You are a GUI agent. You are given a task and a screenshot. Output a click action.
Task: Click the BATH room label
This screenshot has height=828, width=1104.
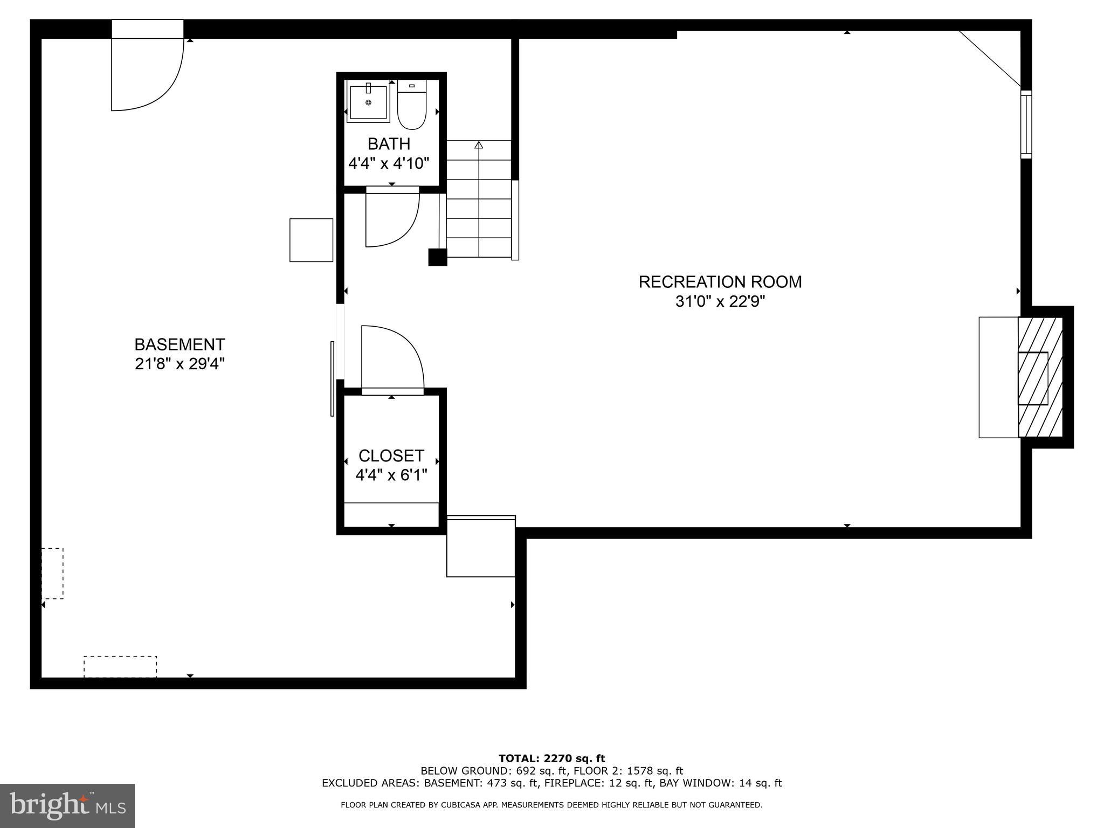pyautogui.click(x=389, y=144)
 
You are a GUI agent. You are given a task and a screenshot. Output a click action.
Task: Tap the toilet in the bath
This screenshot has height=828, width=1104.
pyautogui.click(x=412, y=106)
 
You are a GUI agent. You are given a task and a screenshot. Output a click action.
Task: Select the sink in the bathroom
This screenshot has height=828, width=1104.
pyautogui.click(x=368, y=102)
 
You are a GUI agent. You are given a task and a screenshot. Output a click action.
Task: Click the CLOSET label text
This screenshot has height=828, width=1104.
pyautogui.click(x=391, y=456)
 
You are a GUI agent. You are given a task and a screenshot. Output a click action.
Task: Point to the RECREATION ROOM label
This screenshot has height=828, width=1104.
pyautogui.click(x=720, y=282)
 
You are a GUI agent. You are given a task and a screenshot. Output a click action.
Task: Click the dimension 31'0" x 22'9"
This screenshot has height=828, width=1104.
pyautogui.click(x=720, y=301)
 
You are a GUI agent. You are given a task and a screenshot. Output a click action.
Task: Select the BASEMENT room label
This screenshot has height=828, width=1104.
pyautogui.click(x=180, y=344)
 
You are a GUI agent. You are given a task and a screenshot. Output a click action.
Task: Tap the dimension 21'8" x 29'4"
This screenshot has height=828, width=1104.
pyautogui.click(x=180, y=364)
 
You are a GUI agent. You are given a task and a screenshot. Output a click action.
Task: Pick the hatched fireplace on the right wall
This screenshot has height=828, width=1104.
pyautogui.click(x=1040, y=377)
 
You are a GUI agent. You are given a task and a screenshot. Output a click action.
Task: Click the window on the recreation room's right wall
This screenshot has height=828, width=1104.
pyautogui.click(x=1026, y=125)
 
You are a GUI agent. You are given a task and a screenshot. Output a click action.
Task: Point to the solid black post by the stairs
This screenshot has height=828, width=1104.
pyautogui.click(x=437, y=257)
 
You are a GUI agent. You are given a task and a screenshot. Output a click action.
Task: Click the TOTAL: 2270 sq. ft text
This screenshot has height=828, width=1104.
pyautogui.click(x=551, y=758)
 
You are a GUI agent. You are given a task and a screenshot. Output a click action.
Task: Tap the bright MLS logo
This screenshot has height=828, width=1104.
pyautogui.click(x=67, y=805)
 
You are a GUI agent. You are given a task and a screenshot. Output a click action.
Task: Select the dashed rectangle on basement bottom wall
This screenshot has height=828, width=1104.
pyautogui.click(x=120, y=666)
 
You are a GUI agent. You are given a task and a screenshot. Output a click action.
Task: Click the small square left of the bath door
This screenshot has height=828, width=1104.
pyautogui.click(x=311, y=240)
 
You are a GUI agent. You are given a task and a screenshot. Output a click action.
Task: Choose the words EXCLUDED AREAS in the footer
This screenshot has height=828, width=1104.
pyautogui.click(x=371, y=783)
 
